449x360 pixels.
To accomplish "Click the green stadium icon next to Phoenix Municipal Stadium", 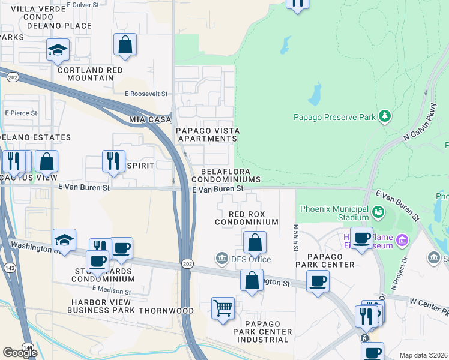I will (x=378, y=212).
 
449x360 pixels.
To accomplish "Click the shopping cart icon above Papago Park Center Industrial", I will (x=223, y=308).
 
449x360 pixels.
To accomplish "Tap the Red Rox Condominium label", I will (x=246, y=218).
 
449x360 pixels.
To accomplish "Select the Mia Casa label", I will (x=150, y=120).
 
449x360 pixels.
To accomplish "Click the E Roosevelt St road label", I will (x=146, y=94).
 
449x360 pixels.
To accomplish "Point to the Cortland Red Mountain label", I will (x=90, y=74).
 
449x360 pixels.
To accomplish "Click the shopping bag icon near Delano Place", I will (x=125, y=44).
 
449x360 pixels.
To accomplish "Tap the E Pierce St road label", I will (x=21, y=113).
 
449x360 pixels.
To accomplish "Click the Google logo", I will (x=20, y=353).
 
